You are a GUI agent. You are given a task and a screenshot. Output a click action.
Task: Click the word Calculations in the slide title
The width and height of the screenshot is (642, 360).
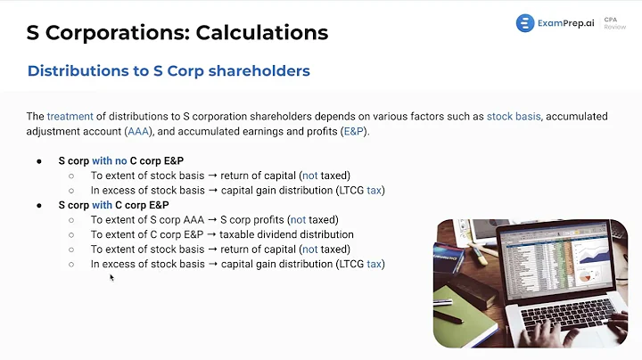(259, 33)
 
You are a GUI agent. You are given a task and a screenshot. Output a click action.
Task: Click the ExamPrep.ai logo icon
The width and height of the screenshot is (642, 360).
(525, 23)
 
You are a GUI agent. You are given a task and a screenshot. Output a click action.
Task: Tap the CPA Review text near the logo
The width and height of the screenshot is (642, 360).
(614, 23)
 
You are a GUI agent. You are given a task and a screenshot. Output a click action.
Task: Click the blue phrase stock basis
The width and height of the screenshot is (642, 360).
(514, 116)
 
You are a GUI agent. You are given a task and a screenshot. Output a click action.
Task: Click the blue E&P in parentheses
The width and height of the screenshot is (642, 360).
(353, 131)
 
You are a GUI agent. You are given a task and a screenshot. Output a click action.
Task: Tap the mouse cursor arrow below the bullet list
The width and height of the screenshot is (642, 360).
(111, 277)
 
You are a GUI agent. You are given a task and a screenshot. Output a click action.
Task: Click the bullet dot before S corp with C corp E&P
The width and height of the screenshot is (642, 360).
(39, 205)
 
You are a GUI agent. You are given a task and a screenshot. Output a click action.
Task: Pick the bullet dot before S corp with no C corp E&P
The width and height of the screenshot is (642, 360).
(39, 161)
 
